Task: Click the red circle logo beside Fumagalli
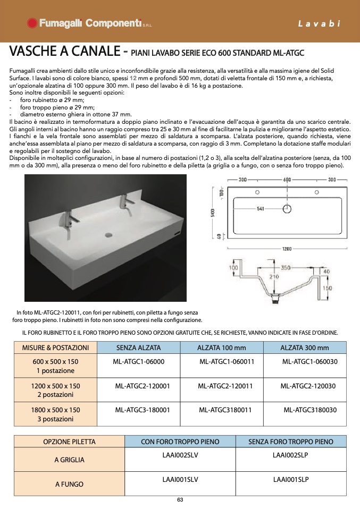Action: [32, 23]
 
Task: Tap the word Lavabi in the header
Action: [319, 23]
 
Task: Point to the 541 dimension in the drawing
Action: [260, 209]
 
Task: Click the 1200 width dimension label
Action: [287, 249]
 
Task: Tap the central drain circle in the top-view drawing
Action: [287, 209]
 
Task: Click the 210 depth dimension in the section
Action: [274, 277]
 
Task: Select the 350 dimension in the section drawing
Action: [285, 268]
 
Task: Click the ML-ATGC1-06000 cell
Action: [139, 362]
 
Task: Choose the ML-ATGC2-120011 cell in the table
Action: [225, 386]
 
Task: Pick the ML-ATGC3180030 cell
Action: [310, 410]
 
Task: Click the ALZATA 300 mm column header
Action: [305, 347]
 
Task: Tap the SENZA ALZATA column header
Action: [138, 347]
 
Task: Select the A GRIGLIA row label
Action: [69, 460]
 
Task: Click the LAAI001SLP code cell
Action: [291, 479]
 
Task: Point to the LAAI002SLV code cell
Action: [180, 455]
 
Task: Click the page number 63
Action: [180, 500]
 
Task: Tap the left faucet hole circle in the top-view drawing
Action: [257, 192]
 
